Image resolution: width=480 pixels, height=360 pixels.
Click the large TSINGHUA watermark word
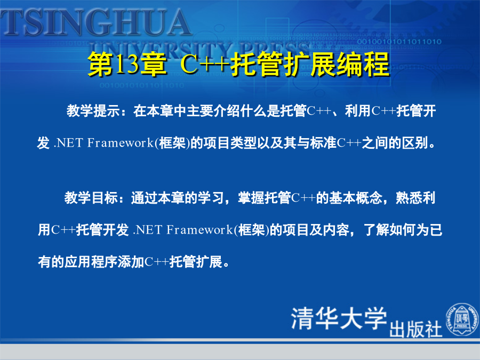click(x=95, y=22)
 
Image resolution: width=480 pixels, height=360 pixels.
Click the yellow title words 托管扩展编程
click(x=310, y=65)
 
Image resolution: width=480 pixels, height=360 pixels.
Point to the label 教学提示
click(x=93, y=111)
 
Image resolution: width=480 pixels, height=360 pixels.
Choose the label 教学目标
click(x=91, y=198)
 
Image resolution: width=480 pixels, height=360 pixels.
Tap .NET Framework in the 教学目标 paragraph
click(x=183, y=229)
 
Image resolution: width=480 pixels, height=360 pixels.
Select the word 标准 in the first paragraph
click(x=323, y=142)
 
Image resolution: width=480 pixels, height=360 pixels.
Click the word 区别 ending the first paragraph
click(x=415, y=142)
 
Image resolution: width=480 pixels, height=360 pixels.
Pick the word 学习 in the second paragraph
click(x=211, y=198)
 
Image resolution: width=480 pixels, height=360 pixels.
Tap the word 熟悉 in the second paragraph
click(x=409, y=198)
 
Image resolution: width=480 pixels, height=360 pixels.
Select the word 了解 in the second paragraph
click(x=377, y=229)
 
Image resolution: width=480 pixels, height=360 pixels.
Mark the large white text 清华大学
click(x=339, y=318)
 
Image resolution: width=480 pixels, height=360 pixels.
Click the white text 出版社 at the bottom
click(x=415, y=330)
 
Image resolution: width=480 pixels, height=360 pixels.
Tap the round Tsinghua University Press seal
click(x=462, y=319)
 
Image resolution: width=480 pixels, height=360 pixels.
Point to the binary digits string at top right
click(x=399, y=41)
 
